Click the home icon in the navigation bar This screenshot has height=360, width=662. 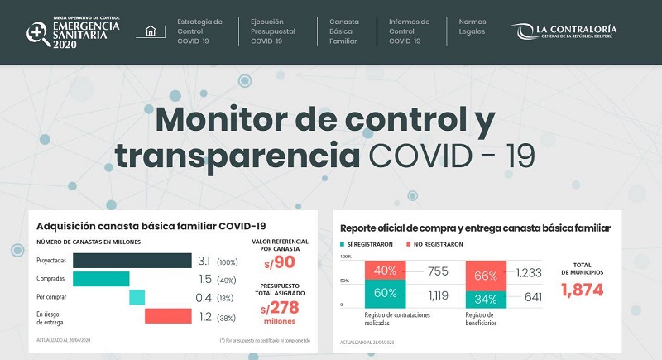pos(150,31)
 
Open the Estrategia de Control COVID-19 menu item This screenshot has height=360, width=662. pos(199,31)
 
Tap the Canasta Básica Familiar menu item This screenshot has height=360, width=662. pos(344,31)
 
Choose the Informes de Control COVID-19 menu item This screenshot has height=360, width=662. pos(409,31)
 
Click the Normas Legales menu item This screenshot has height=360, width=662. pos(472,26)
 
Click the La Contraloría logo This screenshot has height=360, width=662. pos(565,31)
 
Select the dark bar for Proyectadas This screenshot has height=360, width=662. pos(132,261)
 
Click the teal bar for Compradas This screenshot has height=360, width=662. pos(101,279)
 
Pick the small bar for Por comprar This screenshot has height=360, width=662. pos(137,297)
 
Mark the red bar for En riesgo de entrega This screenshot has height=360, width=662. pos(168,315)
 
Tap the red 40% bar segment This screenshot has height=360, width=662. pos(385,270)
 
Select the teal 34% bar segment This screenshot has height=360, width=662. pos(487,299)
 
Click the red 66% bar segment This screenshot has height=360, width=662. pos(487,275)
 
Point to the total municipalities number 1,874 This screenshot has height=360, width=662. pos(583,290)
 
